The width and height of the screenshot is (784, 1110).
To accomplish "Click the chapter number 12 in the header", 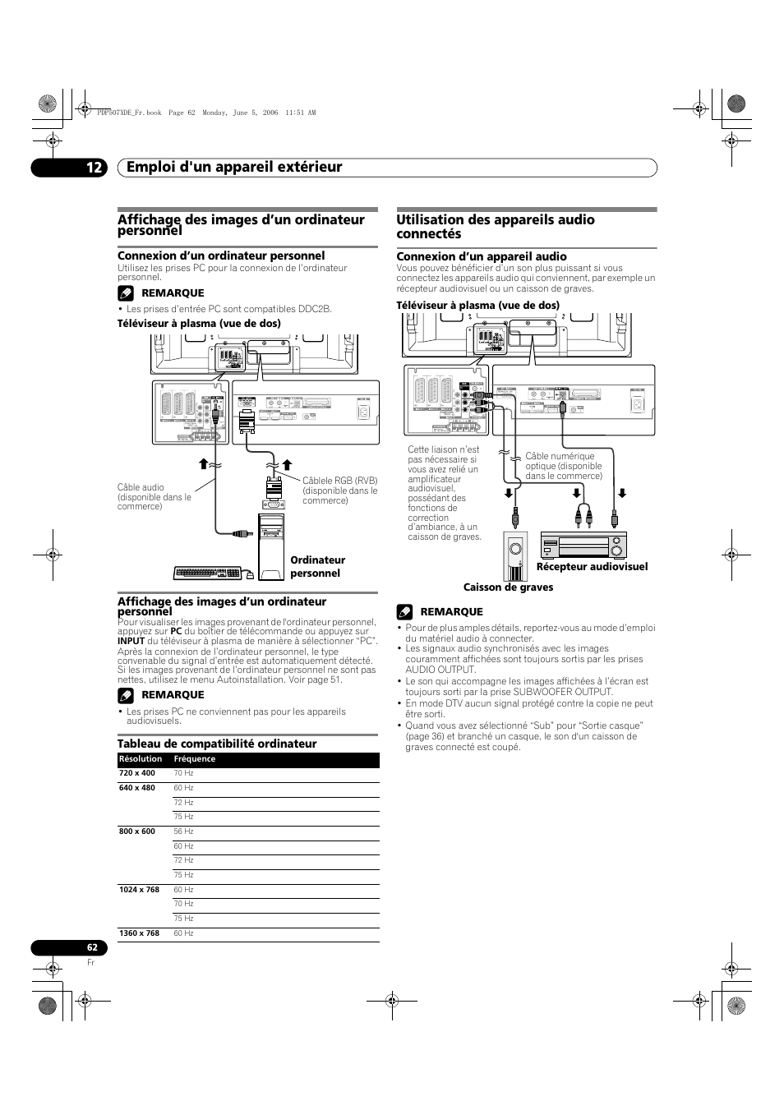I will tap(94, 168).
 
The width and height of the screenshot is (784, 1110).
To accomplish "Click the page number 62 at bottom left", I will tap(92, 947).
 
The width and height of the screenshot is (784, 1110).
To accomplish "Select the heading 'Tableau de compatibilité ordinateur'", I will tap(217, 744).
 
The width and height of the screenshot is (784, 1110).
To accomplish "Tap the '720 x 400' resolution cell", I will tap(137, 773).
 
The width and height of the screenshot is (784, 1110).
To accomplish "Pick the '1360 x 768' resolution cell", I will tap(139, 933).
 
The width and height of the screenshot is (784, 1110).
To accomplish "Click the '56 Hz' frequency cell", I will tap(183, 831).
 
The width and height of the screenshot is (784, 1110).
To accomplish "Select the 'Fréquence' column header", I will tap(195, 759).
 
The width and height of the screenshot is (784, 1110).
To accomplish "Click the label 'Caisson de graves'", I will tap(508, 587).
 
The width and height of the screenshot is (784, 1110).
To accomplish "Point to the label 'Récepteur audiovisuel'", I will tap(592, 567).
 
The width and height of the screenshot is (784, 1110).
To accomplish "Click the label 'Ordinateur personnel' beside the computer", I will tap(317, 567).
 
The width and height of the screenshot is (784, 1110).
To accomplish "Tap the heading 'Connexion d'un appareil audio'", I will tap(482, 256).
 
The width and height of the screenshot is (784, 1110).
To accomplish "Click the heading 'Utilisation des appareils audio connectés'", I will tap(496, 227).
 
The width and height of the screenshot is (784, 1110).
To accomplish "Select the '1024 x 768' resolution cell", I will tap(139, 890).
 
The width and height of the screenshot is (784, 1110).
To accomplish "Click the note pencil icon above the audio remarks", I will tap(404, 612).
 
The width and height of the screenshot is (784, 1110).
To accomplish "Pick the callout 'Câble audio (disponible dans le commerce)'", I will tap(154, 497).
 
